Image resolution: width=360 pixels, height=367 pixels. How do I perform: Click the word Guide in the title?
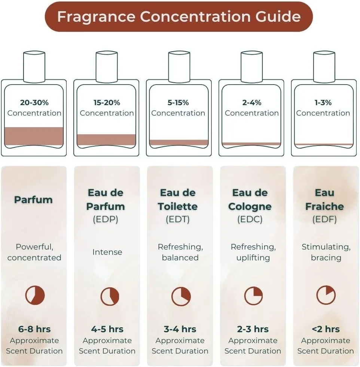click(278, 16)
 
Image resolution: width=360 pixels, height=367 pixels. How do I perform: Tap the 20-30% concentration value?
click(34, 103)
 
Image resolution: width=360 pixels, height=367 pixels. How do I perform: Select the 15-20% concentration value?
click(107, 103)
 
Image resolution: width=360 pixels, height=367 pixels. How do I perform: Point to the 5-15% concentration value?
click(178, 103)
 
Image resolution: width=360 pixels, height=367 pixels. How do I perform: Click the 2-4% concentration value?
click(252, 103)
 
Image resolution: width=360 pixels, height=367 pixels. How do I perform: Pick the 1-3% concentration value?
click(323, 103)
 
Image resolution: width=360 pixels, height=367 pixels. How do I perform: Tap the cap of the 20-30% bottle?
click(34, 67)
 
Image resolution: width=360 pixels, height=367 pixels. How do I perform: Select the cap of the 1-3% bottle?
click(324, 67)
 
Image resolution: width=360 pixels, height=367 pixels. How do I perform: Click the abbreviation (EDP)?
click(106, 219)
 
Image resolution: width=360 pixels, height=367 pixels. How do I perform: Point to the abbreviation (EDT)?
click(178, 219)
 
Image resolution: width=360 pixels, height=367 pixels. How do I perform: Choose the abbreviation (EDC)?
click(250, 219)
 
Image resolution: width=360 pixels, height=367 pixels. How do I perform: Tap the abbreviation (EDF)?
click(324, 219)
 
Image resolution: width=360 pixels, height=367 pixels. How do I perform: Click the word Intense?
click(107, 252)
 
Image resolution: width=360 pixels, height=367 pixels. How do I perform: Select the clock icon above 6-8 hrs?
click(35, 295)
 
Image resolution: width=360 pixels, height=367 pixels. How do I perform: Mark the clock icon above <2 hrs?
click(326, 295)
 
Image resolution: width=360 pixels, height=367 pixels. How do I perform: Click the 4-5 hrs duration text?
click(107, 329)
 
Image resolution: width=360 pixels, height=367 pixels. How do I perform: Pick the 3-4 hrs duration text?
click(180, 329)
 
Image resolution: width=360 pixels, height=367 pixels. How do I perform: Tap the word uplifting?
click(253, 258)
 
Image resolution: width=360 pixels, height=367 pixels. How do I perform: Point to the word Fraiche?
click(324, 207)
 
